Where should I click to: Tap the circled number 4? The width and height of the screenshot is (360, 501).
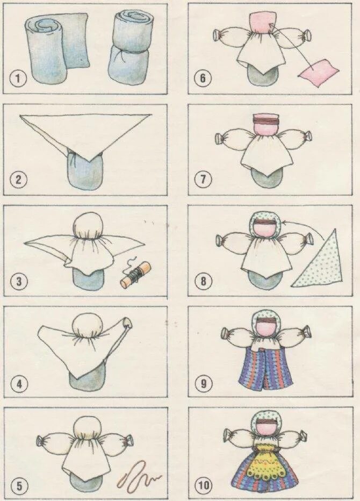coord(19,384)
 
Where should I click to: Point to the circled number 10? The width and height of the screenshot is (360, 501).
coord(204,485)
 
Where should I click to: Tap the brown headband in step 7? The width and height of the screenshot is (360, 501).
coord(267,120)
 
